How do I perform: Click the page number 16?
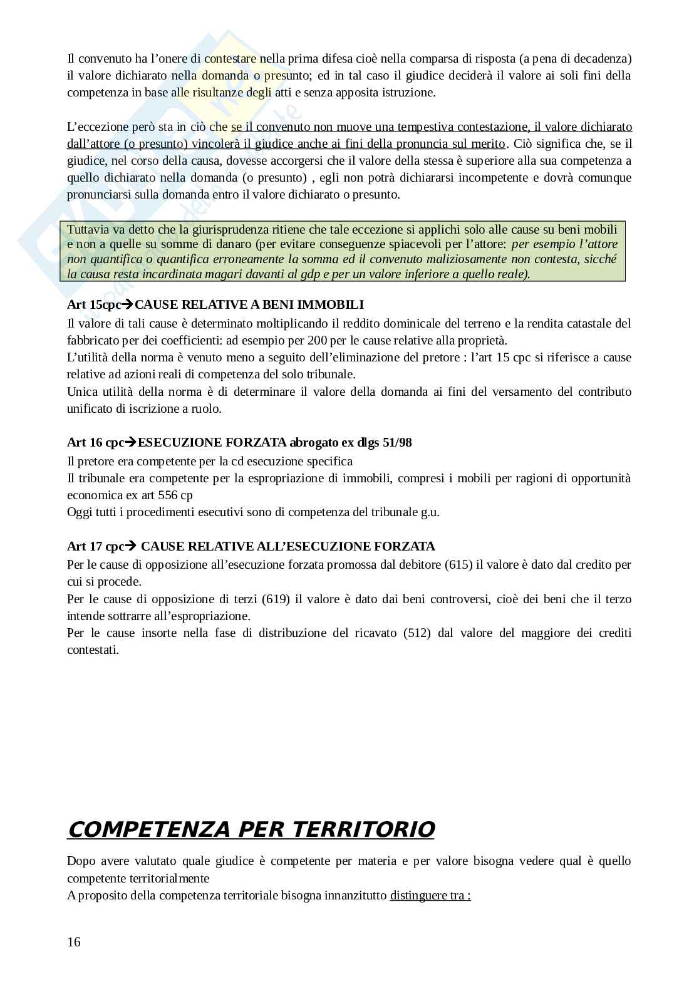click(x=74, y=942)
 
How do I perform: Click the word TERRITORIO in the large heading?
click(x=363, y=829)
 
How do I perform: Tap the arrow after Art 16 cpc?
click(x=131, y=443)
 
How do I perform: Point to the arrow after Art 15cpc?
click(x=128, y=305)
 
